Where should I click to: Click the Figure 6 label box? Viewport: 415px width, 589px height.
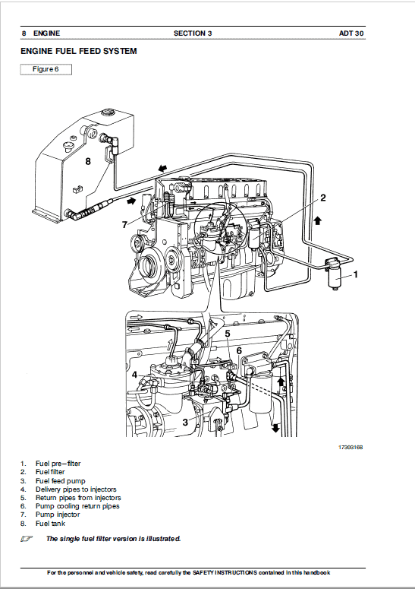pyautogui.click(x=46, y=69)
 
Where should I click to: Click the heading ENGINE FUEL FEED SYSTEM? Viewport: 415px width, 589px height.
pyautogui.click(x=79, y=52)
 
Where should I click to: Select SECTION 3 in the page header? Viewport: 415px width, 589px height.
pyautogui.click(x=193, y=33)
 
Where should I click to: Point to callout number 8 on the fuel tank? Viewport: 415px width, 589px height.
pyautogui.click(x=88, y=161)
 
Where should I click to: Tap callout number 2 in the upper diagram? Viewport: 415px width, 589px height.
pyautogui.click(x=322, y=198)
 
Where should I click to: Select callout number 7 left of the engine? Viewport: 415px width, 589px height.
pyautogui.click(x=124, y=224)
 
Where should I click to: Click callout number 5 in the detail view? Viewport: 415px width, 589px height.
pyautogui.click(x=227, y=332)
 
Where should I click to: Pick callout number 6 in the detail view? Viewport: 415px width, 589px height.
pyautogui.click(x=238, y=350)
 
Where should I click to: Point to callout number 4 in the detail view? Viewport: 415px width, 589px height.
pyautogui.click(x=134, y=375)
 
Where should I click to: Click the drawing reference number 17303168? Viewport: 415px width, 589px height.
pyautogui.click(x=351, y=448)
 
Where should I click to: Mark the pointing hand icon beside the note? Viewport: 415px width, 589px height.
pyautogui.click(x=27, y=538)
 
